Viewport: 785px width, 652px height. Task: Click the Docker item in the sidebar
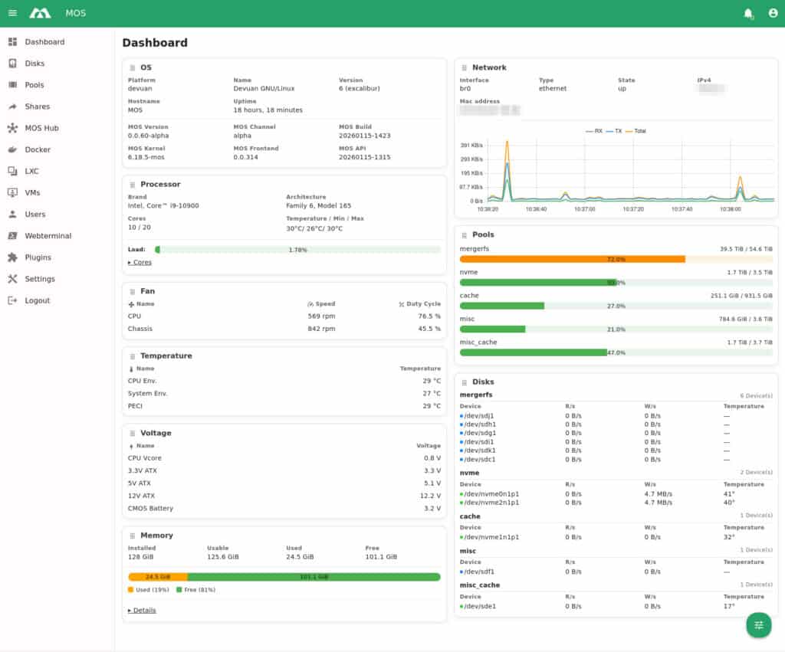38,149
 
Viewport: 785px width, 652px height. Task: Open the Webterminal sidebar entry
48,236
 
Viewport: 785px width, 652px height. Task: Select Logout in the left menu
37,300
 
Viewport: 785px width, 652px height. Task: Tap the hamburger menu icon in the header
12,13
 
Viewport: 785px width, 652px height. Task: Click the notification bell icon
748,13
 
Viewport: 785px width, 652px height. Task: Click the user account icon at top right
773,13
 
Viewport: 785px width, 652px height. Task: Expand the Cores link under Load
140,262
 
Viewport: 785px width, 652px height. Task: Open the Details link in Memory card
143,610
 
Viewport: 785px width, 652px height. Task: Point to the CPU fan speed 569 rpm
321,316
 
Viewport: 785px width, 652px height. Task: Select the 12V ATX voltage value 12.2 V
430,496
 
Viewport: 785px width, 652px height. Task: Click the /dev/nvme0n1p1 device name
491,494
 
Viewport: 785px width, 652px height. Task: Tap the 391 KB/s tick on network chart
471,145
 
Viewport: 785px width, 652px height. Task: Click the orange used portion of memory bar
157,577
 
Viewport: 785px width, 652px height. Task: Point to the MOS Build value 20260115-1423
364,136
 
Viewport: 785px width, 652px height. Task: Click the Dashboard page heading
155,43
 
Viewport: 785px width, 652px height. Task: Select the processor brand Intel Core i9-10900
163,206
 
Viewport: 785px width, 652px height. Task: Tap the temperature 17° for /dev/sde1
729,606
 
